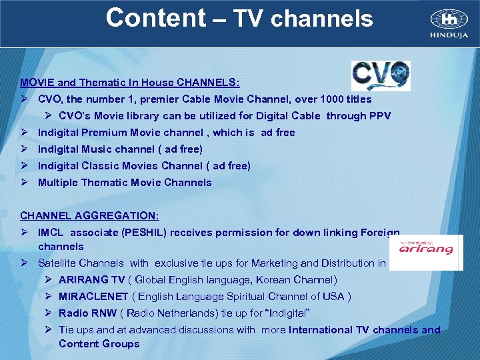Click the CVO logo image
click(381, 75)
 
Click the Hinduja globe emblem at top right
click(449, 19)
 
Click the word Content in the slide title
click(155, 18)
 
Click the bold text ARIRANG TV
click(91, 280)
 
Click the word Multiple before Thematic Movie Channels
click(57, 183)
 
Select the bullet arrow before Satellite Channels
click(24, 263)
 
